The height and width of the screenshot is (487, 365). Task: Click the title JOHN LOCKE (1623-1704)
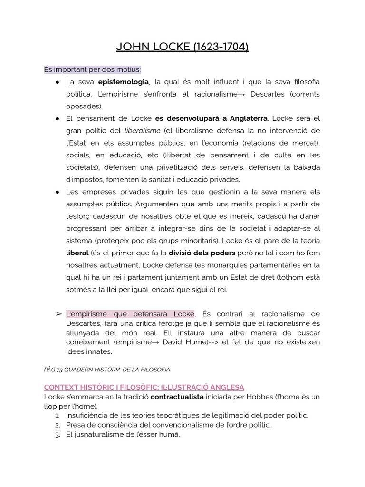(182, 47)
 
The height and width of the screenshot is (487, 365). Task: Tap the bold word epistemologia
(124, 82)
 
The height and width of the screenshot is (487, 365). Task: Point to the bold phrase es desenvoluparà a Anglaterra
(211, 118)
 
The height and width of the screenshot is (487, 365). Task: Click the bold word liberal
(77, 253)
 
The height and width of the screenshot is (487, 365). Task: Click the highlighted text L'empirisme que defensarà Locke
(130, 314)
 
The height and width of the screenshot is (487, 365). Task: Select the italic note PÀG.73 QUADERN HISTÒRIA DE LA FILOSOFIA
(107, 369)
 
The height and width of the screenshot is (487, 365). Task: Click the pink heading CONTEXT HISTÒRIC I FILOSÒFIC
(144, 387)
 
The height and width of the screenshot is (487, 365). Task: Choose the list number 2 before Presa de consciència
(57, 425)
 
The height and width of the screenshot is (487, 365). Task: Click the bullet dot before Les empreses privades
(57, 192)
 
